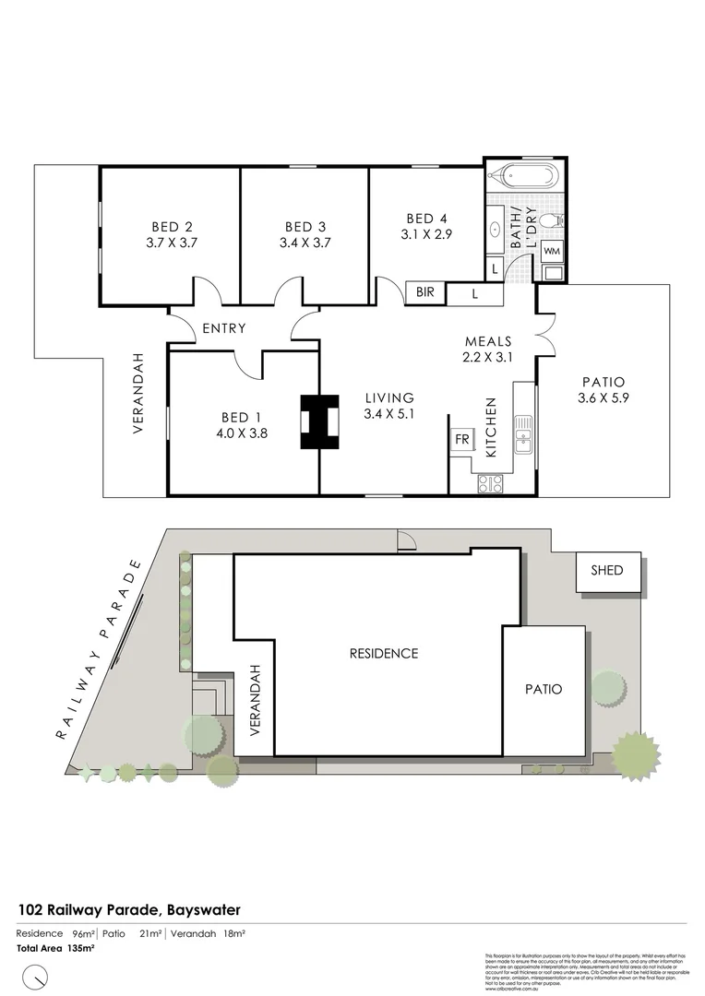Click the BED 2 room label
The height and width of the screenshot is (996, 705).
coord(172,226)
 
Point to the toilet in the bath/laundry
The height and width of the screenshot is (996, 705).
coord(550,221)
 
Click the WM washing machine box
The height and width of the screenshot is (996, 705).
coord(551,251)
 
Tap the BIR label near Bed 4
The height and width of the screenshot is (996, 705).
coord(424,292)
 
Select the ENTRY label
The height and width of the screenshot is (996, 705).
coord(224,327)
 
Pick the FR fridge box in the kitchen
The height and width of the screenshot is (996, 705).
coord(461,440)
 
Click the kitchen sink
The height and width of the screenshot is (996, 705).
coord(523,434)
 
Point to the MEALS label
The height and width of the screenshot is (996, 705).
coord(487,341)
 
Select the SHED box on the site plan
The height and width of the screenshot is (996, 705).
coord(601,571)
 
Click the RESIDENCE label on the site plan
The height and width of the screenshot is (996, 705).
coord(383,653)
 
